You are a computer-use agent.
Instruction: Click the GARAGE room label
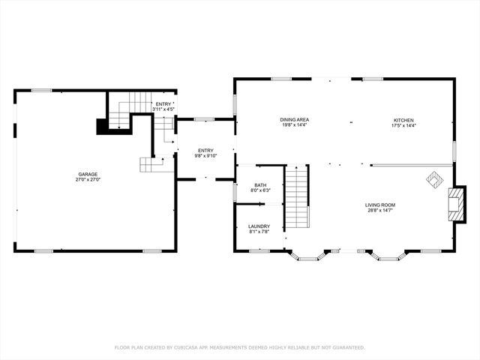coord(87,174)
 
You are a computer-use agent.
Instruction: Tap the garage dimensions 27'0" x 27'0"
coord(87,180)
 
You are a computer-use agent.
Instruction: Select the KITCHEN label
coord(403,120)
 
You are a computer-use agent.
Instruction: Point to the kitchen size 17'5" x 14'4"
coord(403,126)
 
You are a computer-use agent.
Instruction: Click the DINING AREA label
coord(295,120)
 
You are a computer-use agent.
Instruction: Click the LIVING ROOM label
coord(380,205)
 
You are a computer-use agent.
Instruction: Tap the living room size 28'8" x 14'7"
coord(380,211)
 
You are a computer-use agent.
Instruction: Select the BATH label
coord(260,184)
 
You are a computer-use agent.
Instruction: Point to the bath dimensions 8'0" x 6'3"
coord(260,190)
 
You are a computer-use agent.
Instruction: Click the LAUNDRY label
coord(259,226)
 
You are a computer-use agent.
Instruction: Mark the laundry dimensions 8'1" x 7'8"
coord(259,232)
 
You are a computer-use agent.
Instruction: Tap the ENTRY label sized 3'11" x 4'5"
coord(163,104)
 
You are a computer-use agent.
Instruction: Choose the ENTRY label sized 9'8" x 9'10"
coord(205,151)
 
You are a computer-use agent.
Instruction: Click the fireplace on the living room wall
coord(452,204)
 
